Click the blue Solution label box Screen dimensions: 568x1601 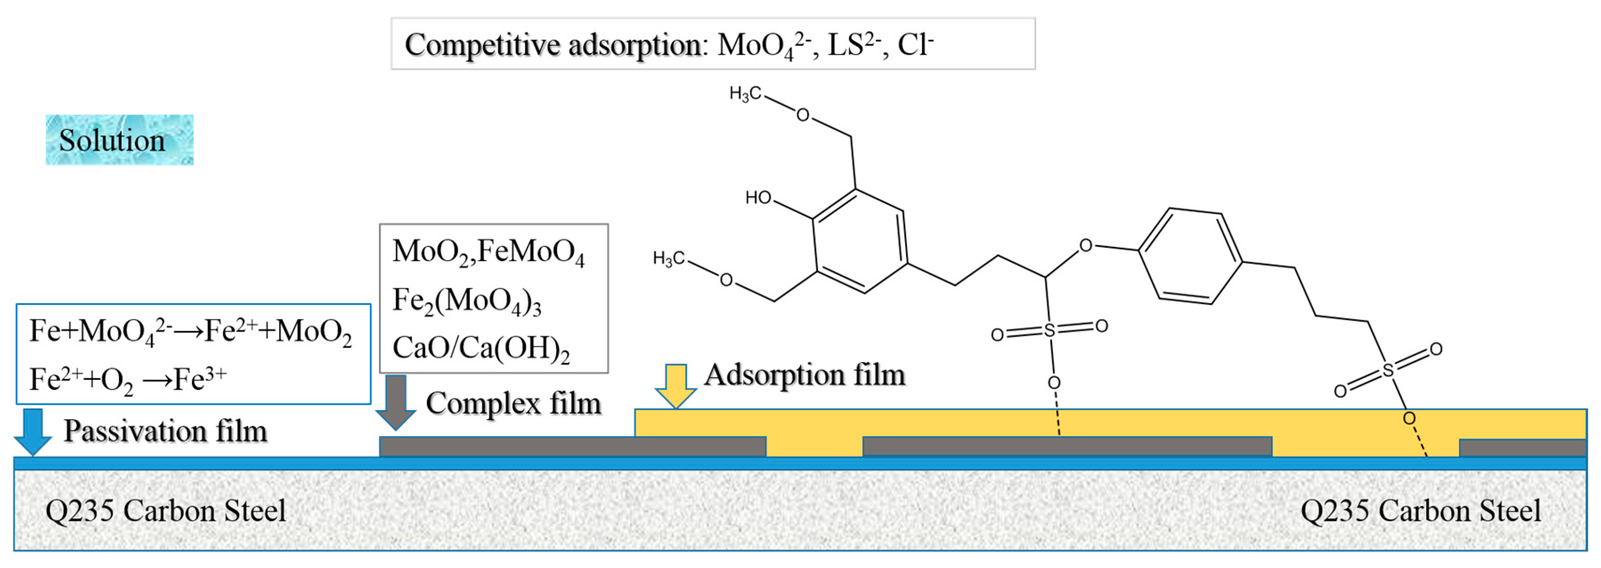point(119,139)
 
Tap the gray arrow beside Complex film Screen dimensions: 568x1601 point(395,402)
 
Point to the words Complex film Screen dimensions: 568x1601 point(513,403)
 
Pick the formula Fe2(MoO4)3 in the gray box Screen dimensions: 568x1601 point(466,301)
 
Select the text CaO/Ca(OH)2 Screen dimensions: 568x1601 point(480,348)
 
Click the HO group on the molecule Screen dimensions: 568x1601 point(758,198)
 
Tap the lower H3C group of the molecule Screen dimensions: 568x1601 point(668,258)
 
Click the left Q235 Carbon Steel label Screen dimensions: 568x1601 point(165,511)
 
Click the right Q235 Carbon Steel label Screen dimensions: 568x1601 point(1420,511)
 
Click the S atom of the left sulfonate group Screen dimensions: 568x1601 point(1049,330)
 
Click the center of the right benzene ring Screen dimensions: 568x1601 point(1190,256)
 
